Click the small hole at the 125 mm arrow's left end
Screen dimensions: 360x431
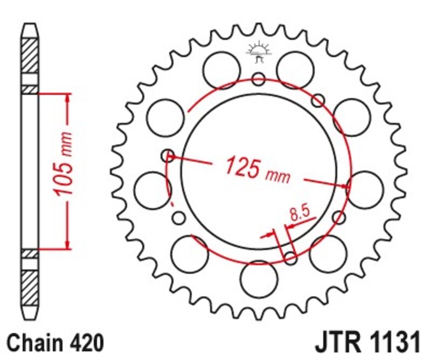point(168,155)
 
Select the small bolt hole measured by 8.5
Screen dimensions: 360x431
point(290,259)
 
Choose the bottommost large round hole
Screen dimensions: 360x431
point(258,278)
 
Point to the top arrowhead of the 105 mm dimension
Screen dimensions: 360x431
point(67,98)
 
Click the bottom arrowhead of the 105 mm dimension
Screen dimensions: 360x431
point(67,245)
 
